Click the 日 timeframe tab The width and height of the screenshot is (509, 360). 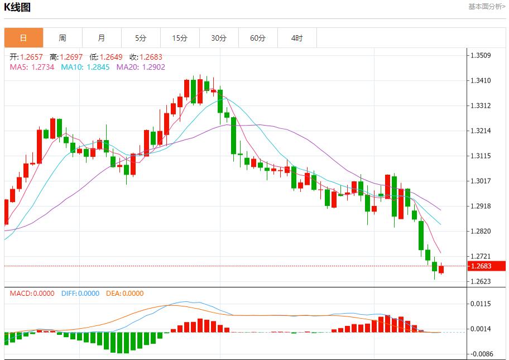23,38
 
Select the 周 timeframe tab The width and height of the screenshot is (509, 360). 63,38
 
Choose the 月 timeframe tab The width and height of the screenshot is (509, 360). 102,38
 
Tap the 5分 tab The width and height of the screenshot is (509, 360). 141,38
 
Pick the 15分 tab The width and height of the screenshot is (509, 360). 180,38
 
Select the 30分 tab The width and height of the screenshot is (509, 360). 219,38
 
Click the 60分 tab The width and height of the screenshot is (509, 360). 258,38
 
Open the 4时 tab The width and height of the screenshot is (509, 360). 297,38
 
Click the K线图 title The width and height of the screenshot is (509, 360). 17,7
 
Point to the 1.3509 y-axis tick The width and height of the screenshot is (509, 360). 481,55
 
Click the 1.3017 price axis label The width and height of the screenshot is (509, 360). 481,181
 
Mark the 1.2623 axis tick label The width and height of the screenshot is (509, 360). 481,281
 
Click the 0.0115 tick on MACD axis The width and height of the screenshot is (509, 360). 481,304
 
